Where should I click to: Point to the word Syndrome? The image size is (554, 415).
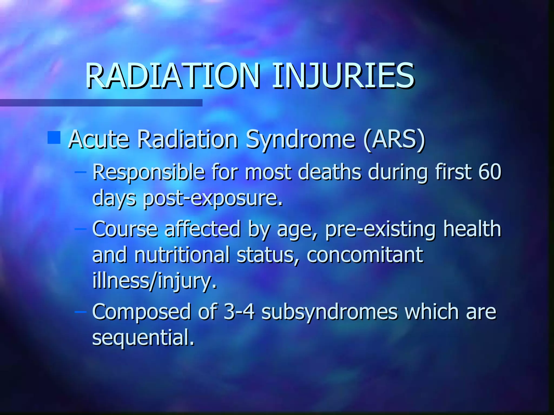[300, 140]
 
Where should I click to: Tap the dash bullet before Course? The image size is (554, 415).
[80, 229]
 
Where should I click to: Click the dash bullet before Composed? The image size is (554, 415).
[80, 312]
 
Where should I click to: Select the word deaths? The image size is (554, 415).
[329, 172]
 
